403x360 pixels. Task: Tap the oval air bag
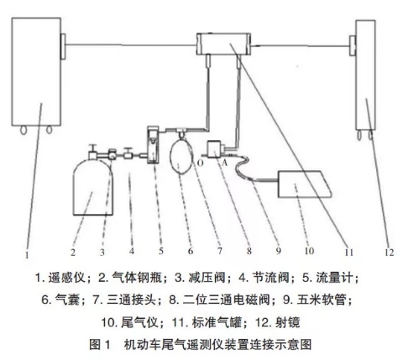(181, 158)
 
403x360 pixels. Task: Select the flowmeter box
(154, 145)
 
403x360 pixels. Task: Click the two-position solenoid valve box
(215, 149)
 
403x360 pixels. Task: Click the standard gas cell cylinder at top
(223, 44)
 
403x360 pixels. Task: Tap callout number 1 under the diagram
(27, 255)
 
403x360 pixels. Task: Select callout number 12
(390, 253)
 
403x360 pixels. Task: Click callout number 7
(220, 251)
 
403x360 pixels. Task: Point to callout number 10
(309, 251)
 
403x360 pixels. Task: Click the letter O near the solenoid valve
(200, 163)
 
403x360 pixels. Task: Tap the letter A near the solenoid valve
(224, 163)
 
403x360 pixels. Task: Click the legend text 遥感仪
(66, 278)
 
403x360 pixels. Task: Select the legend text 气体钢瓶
(137, 278)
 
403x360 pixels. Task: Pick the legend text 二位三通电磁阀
(227, 300)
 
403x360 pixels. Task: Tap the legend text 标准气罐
(217, 322)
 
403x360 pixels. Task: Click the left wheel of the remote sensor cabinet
(24, 130)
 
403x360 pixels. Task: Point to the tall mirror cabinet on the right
(365, 75)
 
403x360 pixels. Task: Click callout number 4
(132, 251)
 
